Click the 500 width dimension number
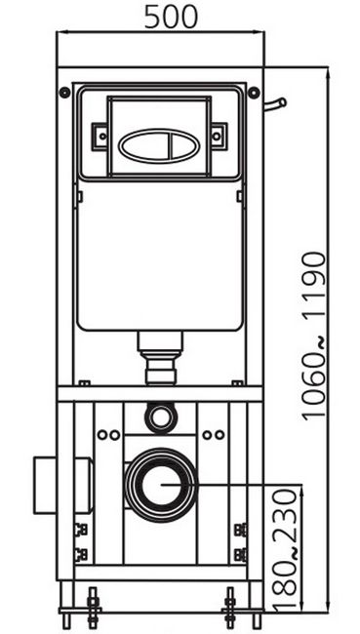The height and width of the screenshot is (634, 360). click(171, 17)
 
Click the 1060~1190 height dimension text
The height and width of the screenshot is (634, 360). click(315, 337)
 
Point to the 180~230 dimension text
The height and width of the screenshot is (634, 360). click(286, 550)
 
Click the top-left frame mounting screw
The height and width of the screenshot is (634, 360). click(64, 93)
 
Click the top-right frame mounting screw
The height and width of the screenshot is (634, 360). click(254, 93)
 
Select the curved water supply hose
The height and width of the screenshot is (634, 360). click(276, 104)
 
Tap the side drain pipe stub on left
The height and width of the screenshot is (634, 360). click(62, 485)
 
